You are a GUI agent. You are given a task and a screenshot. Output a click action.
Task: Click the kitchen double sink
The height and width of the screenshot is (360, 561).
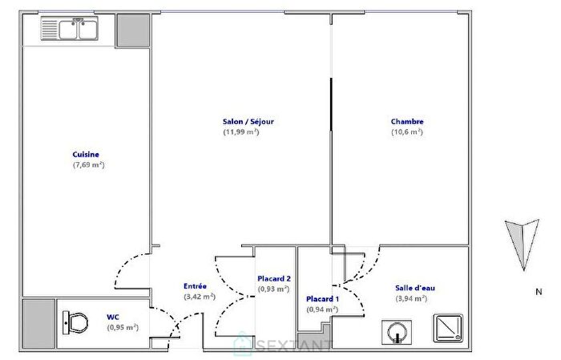pyautogui.click(x=69, y=30)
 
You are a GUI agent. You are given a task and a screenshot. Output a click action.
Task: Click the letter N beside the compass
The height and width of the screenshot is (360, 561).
pyautogui.click(x=539, y=292)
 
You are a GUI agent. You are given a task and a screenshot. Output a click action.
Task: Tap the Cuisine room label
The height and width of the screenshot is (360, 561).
pyautogui.click(x=86, y=154)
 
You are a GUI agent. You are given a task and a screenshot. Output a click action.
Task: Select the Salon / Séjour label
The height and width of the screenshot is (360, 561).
pyautogui.click(x=248, y=122)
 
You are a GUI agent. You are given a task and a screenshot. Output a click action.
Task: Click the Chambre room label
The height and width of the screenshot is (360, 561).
pyautogui.click(x=407, y=122)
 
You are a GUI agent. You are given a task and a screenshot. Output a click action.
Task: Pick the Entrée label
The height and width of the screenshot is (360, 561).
pyautogui.click(x=196, y=286)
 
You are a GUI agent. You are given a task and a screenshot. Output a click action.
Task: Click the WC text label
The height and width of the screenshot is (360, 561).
pyautogui.click(x=113, y=317)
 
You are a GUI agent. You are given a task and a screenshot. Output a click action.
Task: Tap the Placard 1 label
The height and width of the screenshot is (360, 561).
pyautogui.click(x=322, y=299)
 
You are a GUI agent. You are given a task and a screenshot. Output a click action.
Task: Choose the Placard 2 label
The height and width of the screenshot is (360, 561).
pyautogui.click(x=273, y=278)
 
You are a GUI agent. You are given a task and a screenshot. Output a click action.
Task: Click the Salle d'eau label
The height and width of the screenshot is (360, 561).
pyautogui.click(x=415, y=288)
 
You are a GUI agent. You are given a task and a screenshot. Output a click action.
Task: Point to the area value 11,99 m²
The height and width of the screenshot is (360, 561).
pyautogui.click(x=241, y=132)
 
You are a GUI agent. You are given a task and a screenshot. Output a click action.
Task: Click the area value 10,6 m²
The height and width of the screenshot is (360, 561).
pyautogui.click(x=406, y=132)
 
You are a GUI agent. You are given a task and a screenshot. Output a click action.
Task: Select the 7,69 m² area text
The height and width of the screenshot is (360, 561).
pyautogui.click(x=88, y=164)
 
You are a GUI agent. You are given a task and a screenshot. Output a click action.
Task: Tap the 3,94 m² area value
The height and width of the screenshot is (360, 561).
pyautogui.click(x=410, y=298)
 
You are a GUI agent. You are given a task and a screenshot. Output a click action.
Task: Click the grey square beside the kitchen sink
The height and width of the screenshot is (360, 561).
pyautogui.click(x=131, y=29)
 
